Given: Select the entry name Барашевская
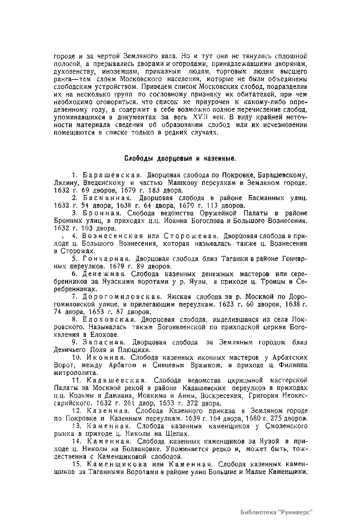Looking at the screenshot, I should click(112, 175).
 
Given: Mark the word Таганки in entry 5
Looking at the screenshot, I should click(232, 259).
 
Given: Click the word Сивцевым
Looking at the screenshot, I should click(170, 365).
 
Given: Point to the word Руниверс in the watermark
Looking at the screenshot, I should click(295, 511).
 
